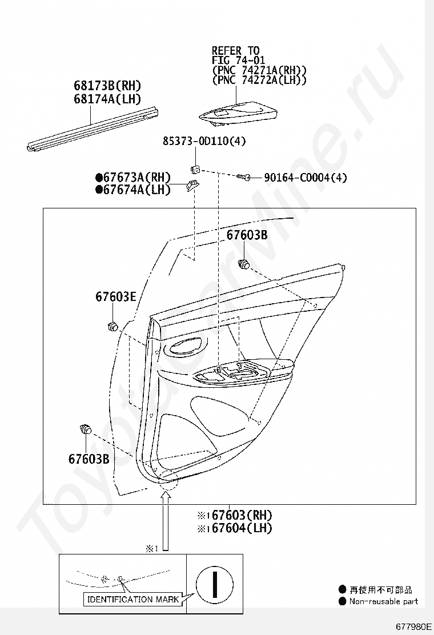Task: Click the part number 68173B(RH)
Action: pyautogui.click(x=107, y=86)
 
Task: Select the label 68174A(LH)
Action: pyautogui.click(x=107, y=98)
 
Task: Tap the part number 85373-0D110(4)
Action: pyautogui.click(x=199, y=141)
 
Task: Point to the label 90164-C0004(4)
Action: pyautogui.click(x=305, y=178)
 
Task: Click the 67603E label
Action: pyautogui.click(x=115, y=296)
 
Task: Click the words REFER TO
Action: pyautogui.click(x=235, y=51)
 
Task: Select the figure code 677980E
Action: pyautogui.click(x=413, y=626)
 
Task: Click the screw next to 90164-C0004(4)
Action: pyautogui.click(x=244, y=178)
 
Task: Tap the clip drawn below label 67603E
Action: pyautogui.click(x=112, y=326)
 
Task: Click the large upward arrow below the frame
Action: pyautogui.click(x=166, y=520)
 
